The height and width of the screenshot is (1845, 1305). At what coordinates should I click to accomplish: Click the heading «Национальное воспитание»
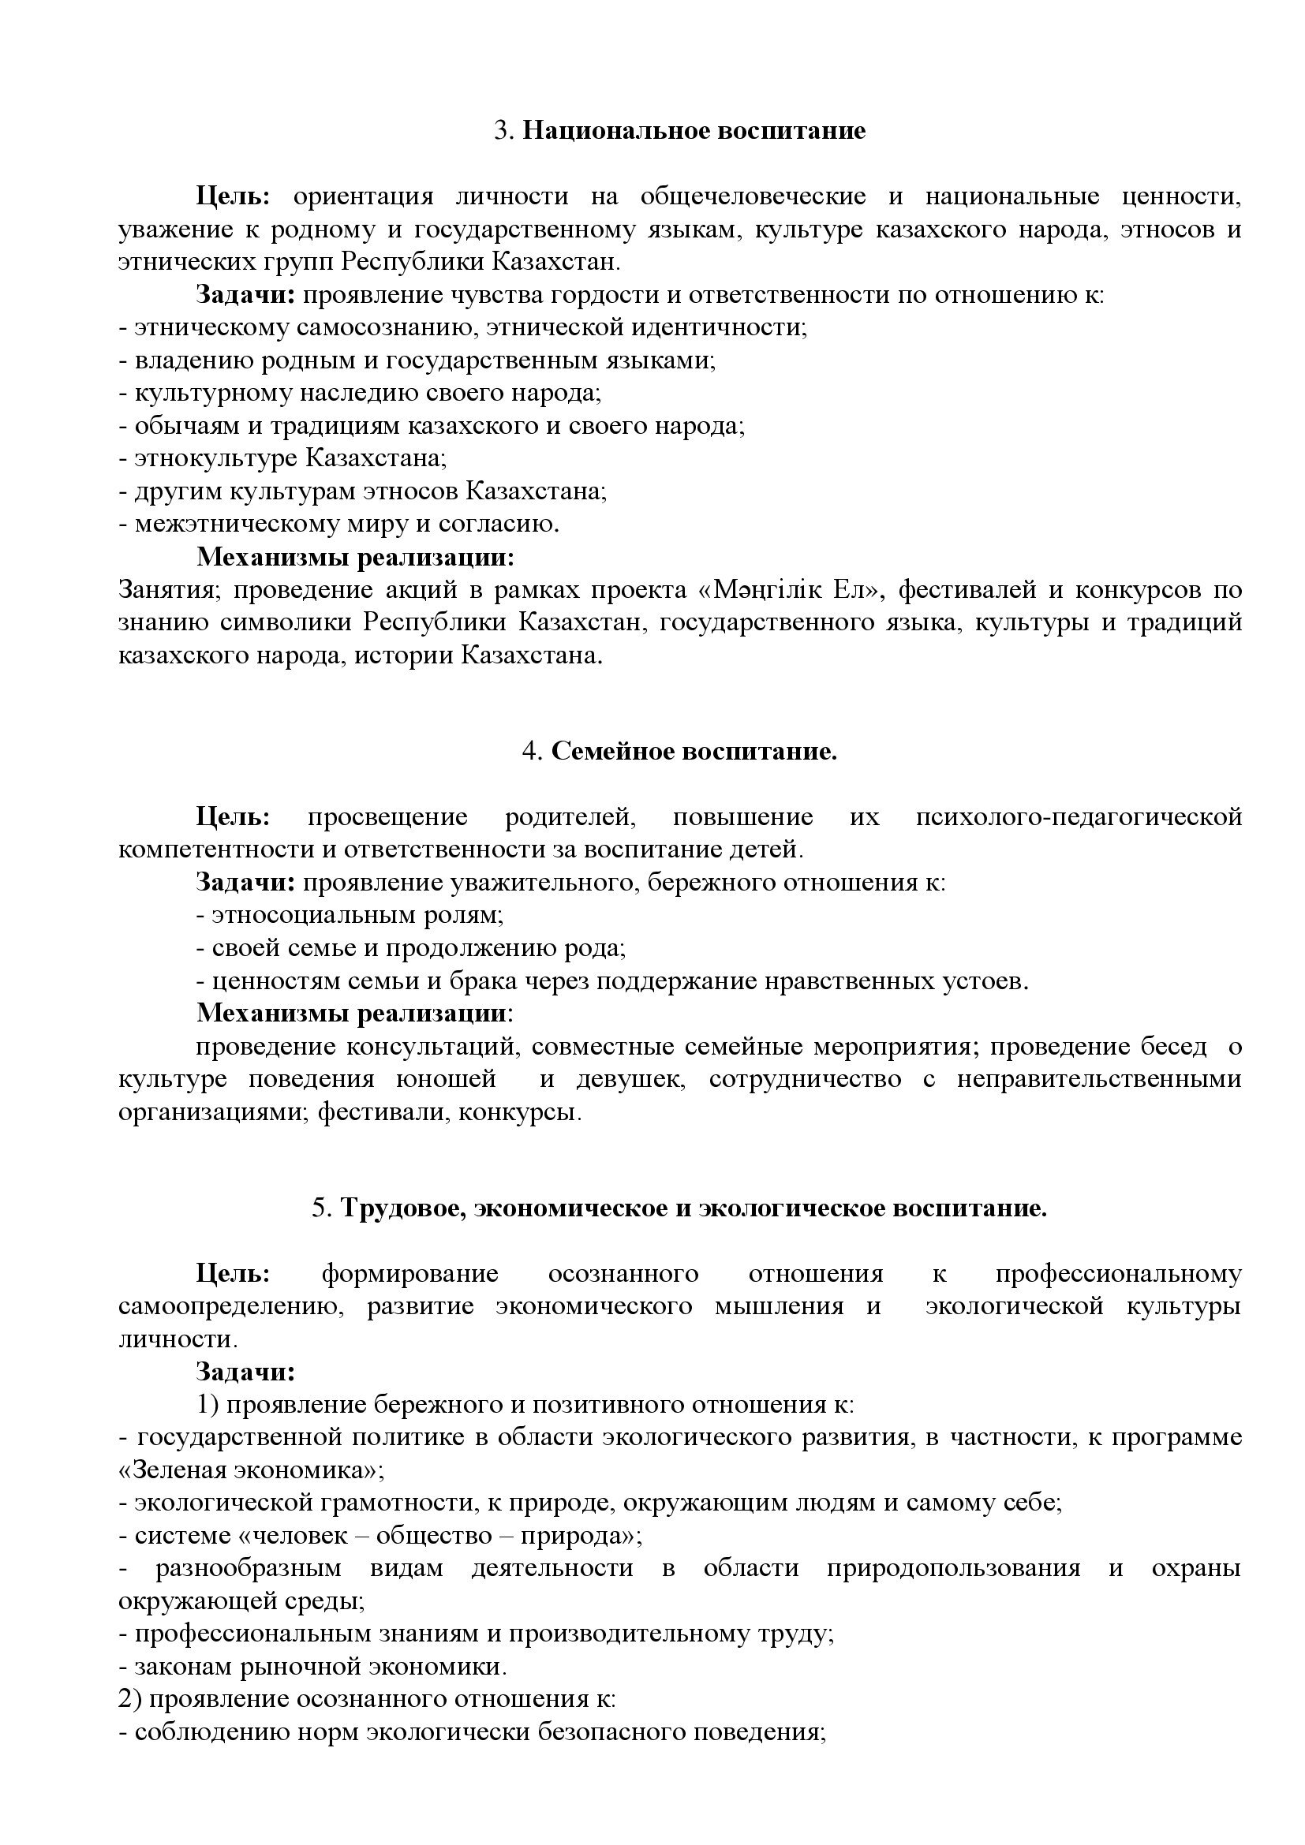coord(694,131)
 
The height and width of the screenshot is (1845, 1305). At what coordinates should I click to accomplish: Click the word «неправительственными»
coord(1098,1079)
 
